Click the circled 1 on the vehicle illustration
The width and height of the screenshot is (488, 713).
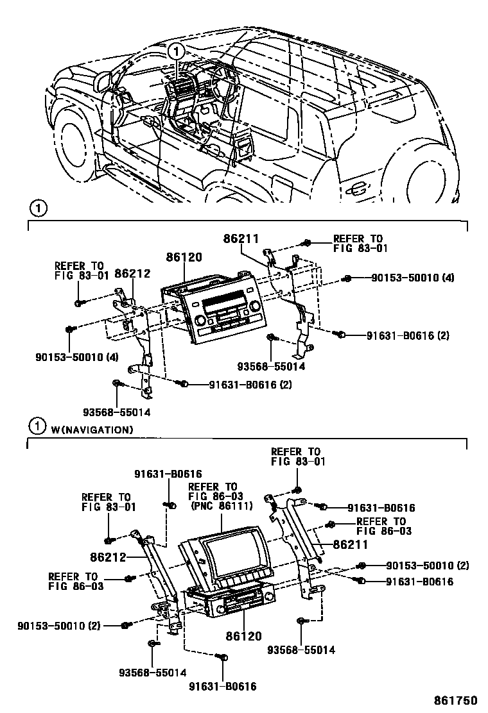click(x=176, y=51)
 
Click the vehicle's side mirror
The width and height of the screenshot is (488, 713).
click(x=103, y=81)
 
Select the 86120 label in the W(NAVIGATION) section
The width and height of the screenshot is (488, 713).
click(x=244, y=637)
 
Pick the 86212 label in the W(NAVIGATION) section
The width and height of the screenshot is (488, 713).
click(x=107, y=557)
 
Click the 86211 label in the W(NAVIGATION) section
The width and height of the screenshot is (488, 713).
click(x=350, y=544)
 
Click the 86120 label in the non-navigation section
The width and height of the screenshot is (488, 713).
click(x=184, y=258)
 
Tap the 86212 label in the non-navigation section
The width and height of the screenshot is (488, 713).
click(x=132, y=274)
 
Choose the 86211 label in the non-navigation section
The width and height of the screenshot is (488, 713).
click(x=241, y=239)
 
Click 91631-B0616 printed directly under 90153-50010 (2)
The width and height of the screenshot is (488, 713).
click(x=419, y=582)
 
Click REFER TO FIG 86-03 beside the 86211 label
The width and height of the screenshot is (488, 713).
click(x=381, y=526)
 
